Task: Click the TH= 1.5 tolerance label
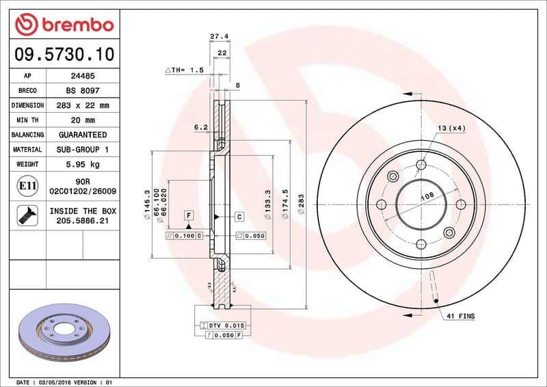click(184, 70)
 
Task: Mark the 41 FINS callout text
click(460, 317)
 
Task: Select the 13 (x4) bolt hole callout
click(451, 128)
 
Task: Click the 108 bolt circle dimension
click(427, 196)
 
